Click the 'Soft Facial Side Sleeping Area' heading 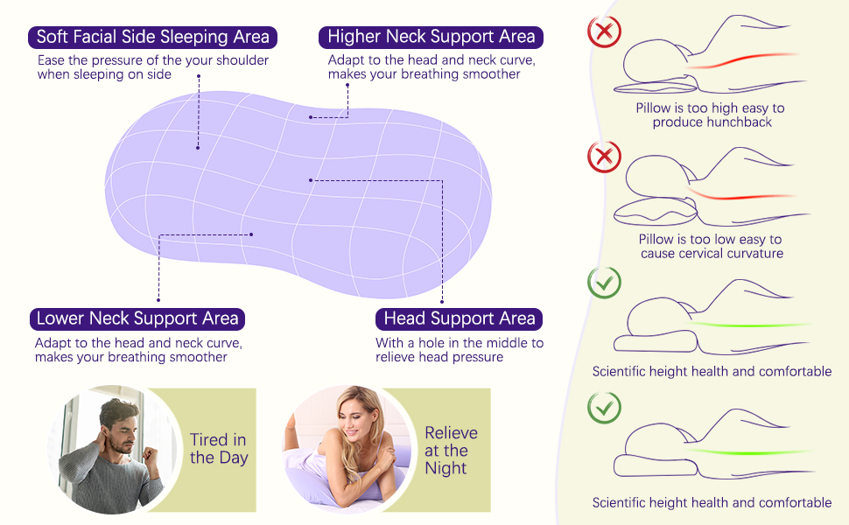[153, 38]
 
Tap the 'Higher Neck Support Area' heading [431, 37]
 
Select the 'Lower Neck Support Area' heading [137, 318]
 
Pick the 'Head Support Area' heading [460, 318]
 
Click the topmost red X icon [604, 31]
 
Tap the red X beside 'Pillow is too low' [604, 157]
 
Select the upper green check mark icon [604, 282]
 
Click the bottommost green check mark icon [604, 407]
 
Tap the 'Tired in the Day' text [219, 449]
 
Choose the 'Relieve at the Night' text [451, 450]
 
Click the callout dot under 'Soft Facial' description [199, 76]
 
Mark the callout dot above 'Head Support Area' [442, 300]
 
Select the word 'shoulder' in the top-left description [239, 60]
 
